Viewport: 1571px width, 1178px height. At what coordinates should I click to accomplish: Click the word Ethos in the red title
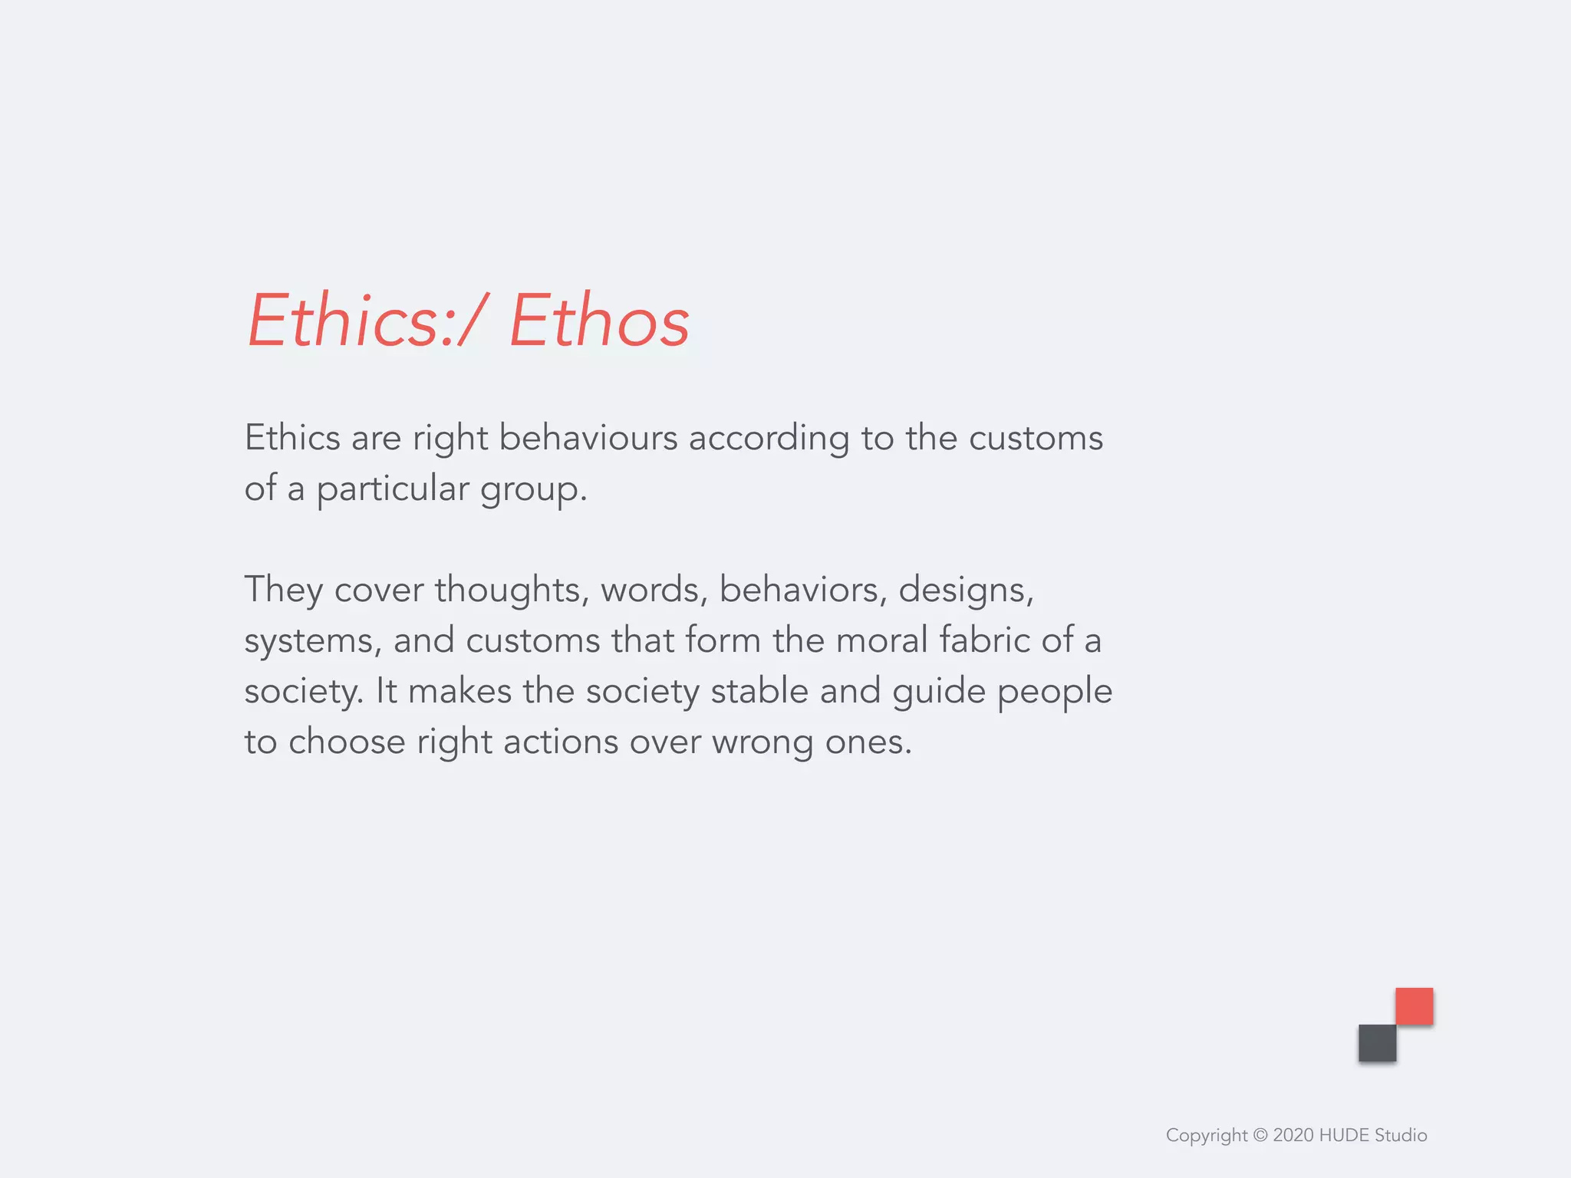click(599, 321)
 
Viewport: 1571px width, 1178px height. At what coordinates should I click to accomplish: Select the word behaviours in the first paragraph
click(588, 438)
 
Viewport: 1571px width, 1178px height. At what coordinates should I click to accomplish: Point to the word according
click(769, 439)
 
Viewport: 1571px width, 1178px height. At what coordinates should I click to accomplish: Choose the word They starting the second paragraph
click(283, 591)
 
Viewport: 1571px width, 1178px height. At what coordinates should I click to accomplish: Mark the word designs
click(965, 591)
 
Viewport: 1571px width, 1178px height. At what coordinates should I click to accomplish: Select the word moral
click(881, 640)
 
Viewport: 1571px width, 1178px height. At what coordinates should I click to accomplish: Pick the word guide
click(938, 691)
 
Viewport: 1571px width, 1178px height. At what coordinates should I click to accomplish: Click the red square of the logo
click(1414, 1006)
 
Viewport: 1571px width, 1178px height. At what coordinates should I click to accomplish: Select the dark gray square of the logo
click(1377, 1043)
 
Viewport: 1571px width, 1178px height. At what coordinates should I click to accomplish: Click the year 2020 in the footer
click(1293, 1135)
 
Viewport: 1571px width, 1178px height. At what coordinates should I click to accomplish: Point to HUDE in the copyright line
click(1344, 1135)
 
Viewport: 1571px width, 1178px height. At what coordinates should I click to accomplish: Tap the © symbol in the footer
click(1260, 1135)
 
